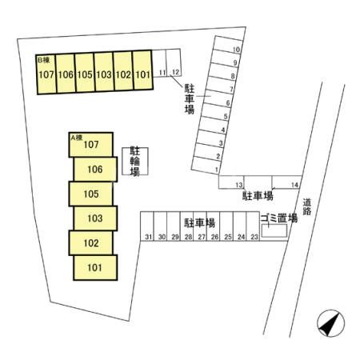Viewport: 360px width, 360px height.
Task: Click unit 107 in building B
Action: [46, 74]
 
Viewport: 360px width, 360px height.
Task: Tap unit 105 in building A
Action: [90, 194]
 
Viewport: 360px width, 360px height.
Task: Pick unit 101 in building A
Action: [95, 267]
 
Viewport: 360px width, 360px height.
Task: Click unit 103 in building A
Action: [95, 218]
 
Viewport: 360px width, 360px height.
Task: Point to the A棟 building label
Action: [77, 138]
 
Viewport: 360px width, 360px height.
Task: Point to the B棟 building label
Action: [44, 60]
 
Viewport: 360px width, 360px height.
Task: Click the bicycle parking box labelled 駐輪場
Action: [135, 162]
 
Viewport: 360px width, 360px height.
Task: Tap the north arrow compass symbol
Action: [330, 323]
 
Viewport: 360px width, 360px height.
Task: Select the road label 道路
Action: [307, 206]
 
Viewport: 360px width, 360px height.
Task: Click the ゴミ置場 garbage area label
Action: [279, 218]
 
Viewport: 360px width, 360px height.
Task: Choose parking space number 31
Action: [147, 226]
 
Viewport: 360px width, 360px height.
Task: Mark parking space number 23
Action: [253, 226]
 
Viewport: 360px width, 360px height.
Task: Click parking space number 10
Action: [228, 42]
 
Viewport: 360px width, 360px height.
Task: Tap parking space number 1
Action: [206, 166]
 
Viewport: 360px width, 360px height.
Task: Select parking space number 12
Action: [174, 63]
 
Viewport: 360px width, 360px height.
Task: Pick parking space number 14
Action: [286, 182]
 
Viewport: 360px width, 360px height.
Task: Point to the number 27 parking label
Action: [202, 237]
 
